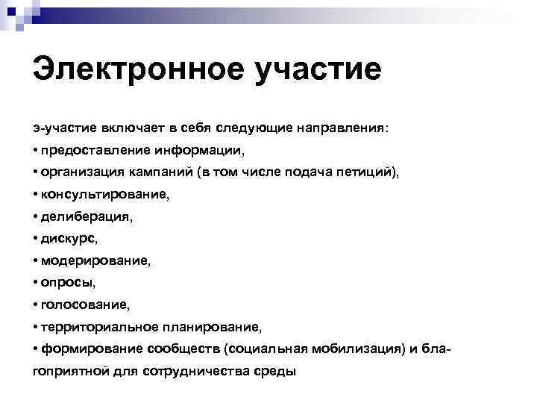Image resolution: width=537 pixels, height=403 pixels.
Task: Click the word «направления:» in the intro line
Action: (343, 128)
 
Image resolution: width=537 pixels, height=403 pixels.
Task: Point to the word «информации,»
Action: (199, 150)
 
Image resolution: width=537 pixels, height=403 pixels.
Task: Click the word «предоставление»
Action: (97, 150)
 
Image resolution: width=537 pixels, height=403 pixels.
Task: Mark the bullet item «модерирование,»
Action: (92, 261)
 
